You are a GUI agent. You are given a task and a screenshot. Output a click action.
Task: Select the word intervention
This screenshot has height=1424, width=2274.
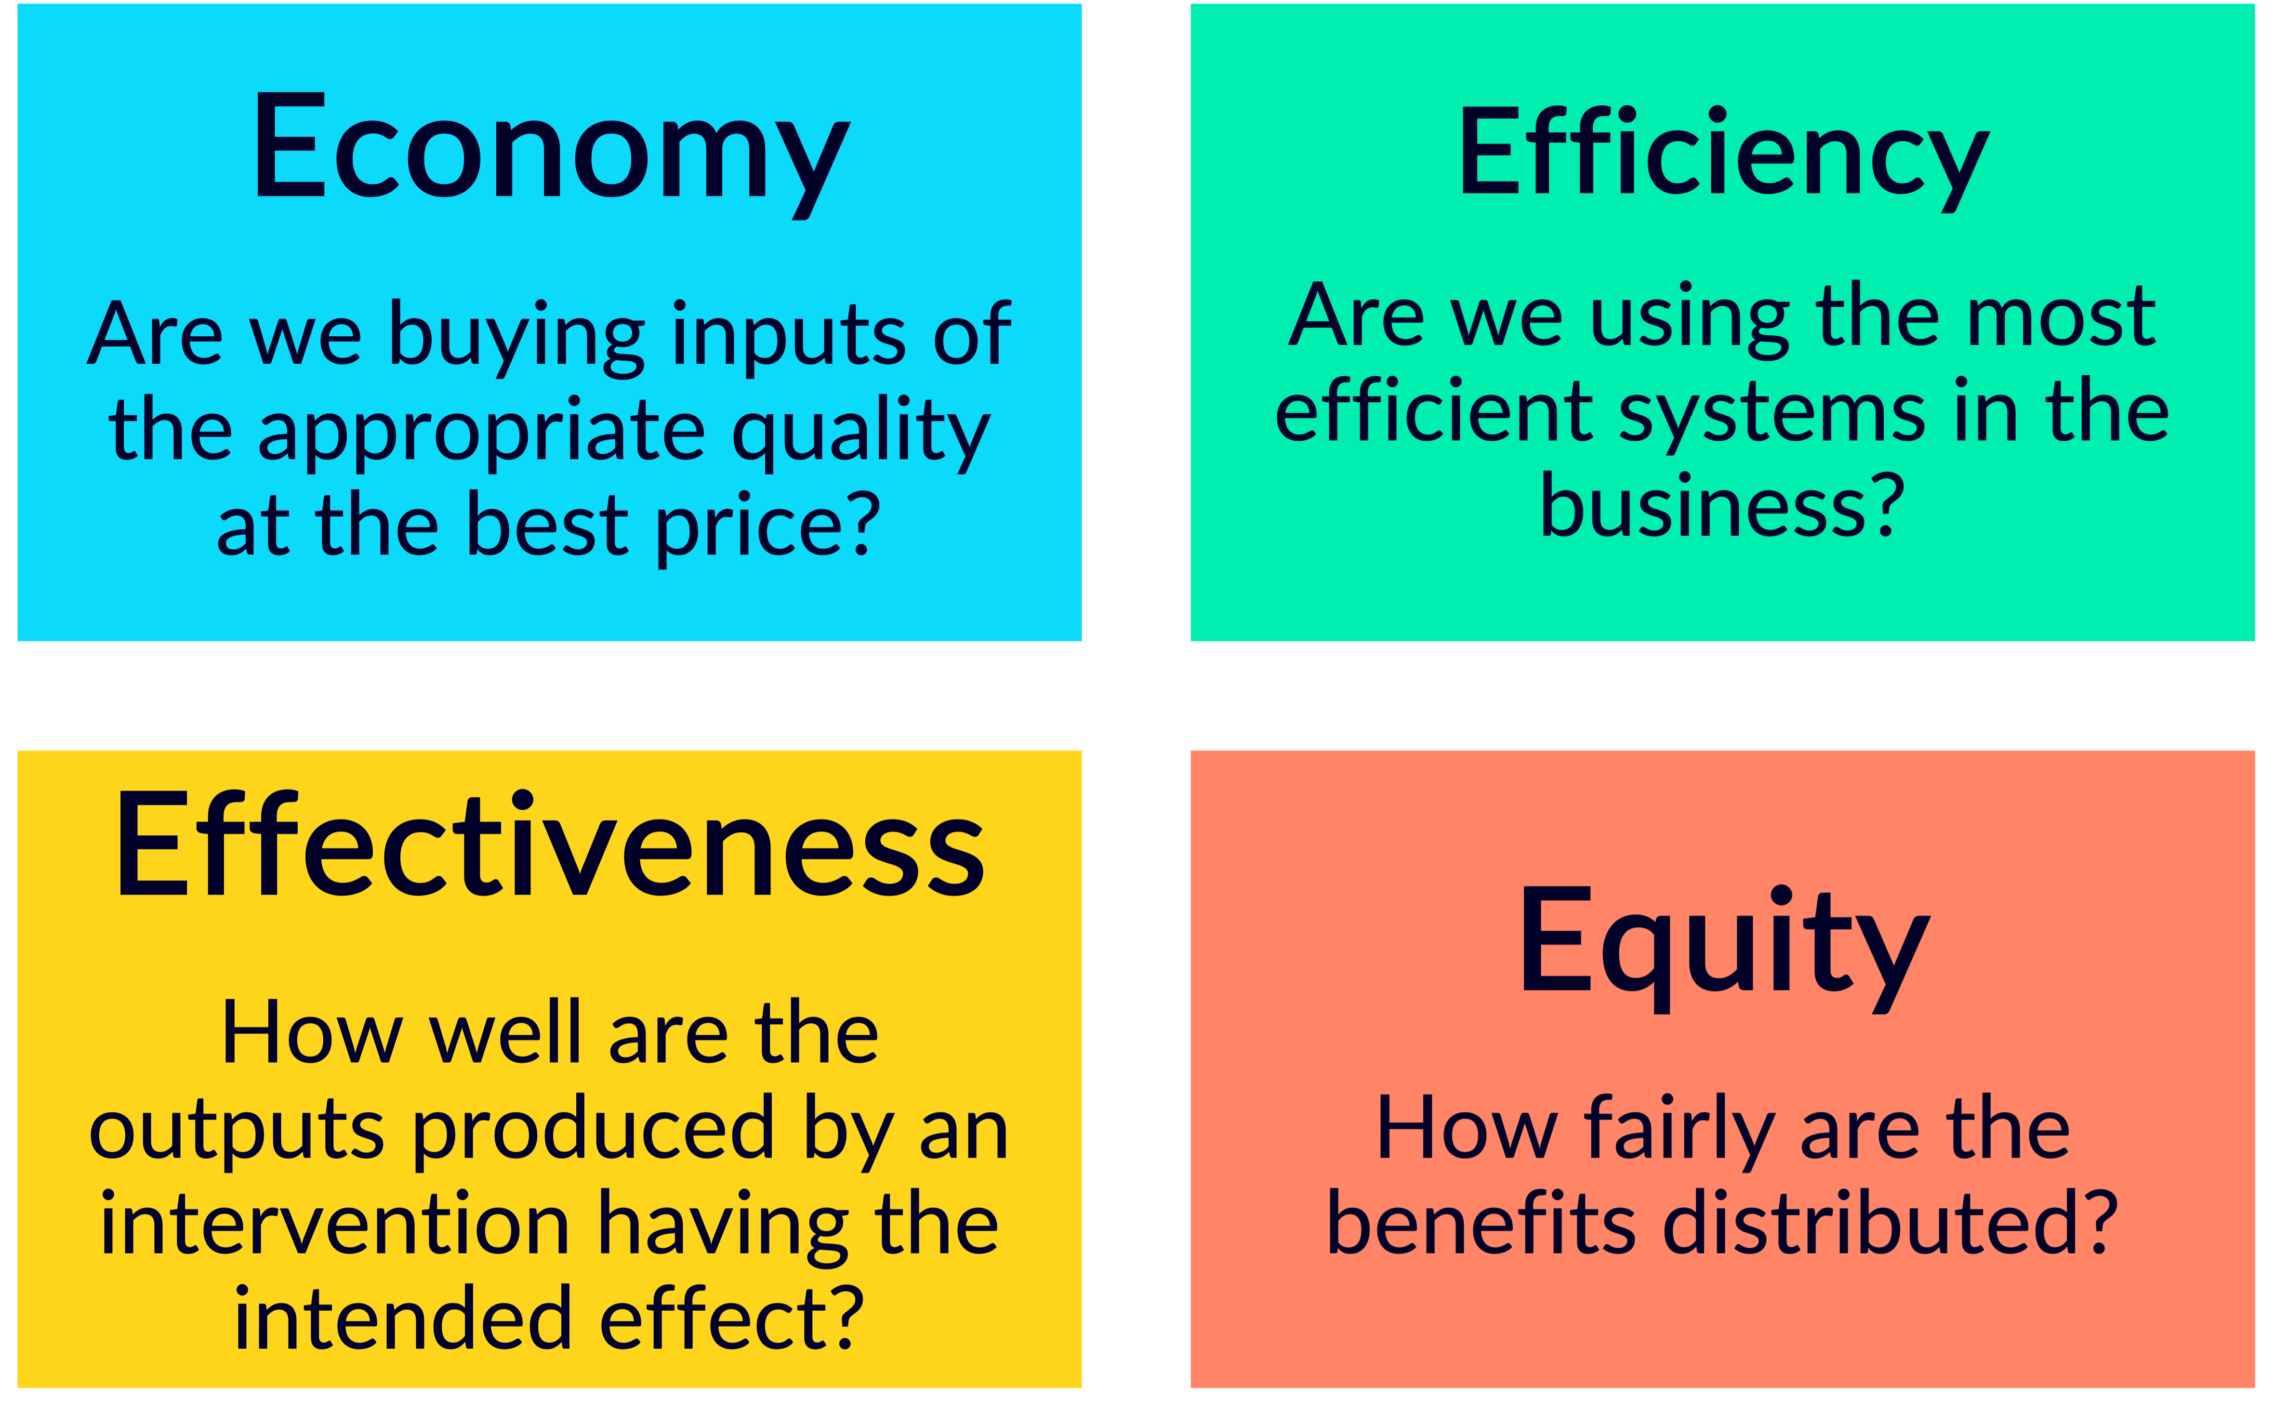(334, 1225)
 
